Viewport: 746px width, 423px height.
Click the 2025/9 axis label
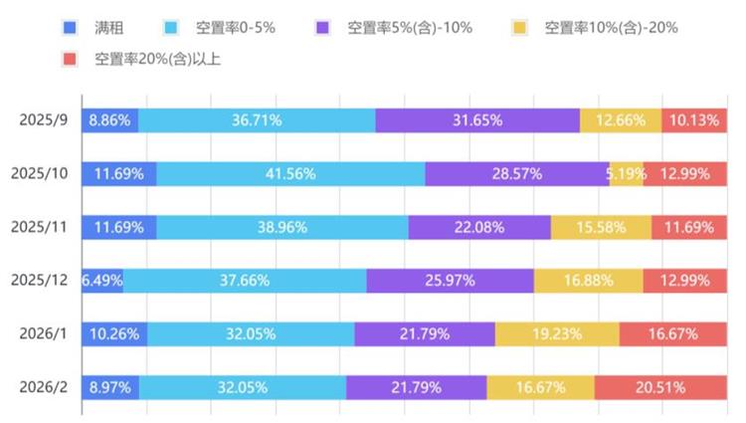click(44, 120)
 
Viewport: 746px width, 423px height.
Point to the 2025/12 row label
click(40, 280)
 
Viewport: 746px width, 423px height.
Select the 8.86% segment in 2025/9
click(109, 120)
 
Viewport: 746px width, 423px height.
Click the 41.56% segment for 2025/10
click(290, 174)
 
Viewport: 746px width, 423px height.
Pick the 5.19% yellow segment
click(627, 174)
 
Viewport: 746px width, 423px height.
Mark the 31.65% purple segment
click(477, 120)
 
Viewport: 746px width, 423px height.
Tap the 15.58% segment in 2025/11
click(601, 227)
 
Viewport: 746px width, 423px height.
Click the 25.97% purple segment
click(450, 280)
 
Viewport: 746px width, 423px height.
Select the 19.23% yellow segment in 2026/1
click(557, 333)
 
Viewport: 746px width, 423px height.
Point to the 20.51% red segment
click(660, 386)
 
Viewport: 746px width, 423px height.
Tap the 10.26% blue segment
click(114, 333)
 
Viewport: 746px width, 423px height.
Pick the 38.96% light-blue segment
click(282, 227)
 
